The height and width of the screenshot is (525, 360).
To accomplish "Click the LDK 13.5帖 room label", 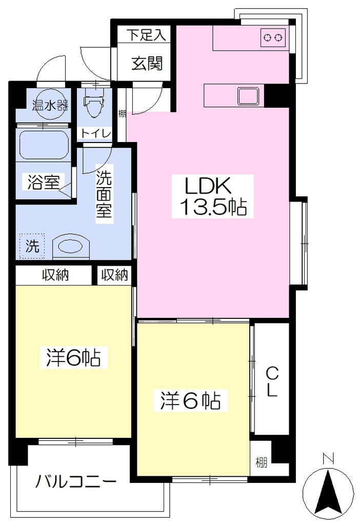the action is click(213, 196).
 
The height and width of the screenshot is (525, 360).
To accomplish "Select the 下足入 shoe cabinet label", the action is click(146, 35).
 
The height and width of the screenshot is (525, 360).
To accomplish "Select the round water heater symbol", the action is click(50, 105).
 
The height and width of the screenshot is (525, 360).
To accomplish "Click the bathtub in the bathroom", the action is click(44, 145).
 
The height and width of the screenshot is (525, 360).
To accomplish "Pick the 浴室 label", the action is click(43, 183).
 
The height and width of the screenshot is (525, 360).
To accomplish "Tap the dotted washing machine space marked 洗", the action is click(32, 246).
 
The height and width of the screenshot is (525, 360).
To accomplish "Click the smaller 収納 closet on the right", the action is click(114, 275).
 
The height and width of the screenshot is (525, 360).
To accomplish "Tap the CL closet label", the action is click(272, 381).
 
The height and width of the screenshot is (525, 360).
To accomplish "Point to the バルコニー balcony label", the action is click(76, 483).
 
